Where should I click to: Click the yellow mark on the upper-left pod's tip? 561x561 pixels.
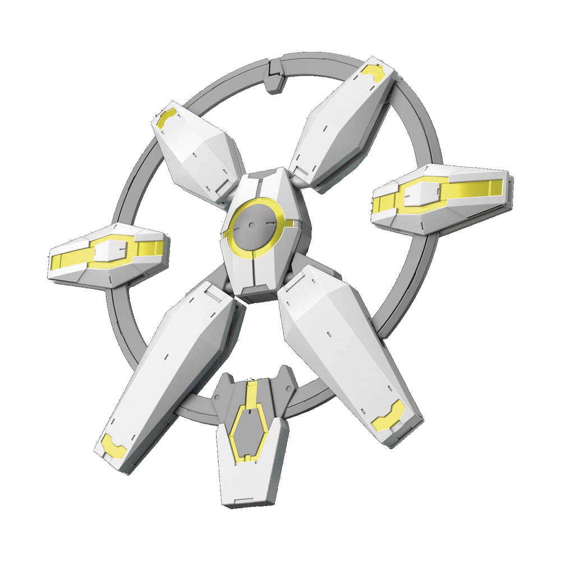[x=165, y=117]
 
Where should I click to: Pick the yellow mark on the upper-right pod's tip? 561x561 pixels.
[x=373, y=71]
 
